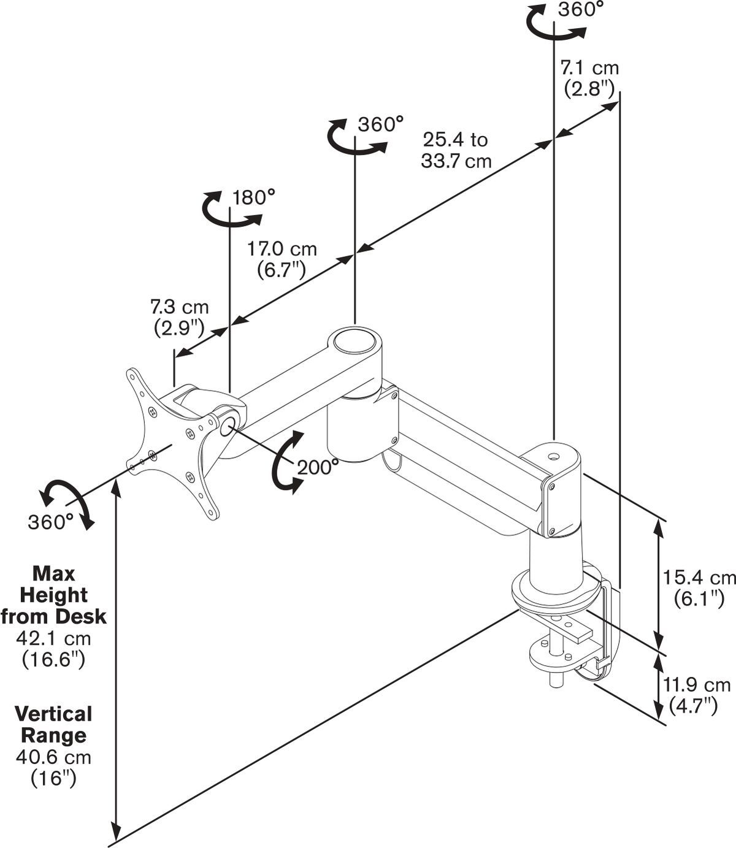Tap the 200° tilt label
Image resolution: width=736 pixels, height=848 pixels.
click(x=318, y=467)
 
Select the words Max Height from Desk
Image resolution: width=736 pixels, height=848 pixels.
click(x=53, y=595)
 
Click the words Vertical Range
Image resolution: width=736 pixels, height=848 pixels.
click(x=53, y=724)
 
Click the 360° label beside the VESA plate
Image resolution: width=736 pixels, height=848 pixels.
click(x=50, y=522)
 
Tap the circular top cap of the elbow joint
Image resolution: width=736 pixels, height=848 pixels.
click(x=354, y=340)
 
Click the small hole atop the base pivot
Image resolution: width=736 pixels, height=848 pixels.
click(x=554, y=457)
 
